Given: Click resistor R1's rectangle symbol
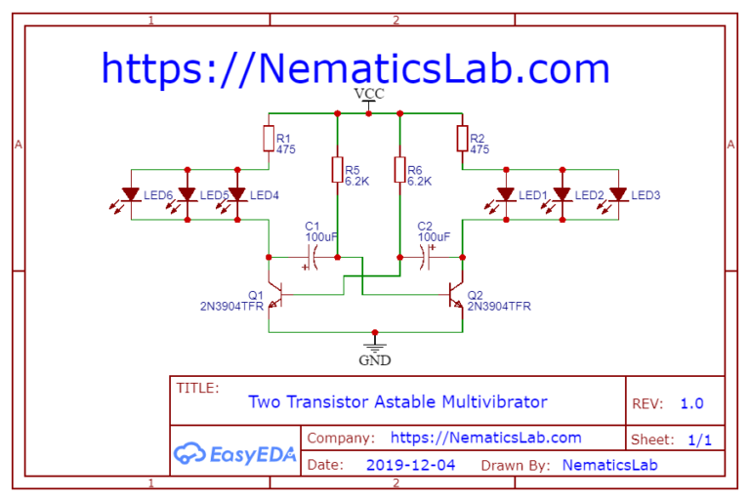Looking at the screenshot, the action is coord(269,139).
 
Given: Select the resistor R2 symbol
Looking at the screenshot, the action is coord(462,139).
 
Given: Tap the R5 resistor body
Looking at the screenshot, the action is coord(337,169).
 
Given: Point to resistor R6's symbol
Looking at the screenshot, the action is coord(399,169).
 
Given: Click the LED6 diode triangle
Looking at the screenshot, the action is coord(131,194).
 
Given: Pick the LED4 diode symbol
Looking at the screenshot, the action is coord(237,194).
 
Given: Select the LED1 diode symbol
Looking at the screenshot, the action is coord(506,194).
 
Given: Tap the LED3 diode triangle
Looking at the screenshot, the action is coord(618,194).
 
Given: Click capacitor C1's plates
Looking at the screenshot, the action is coord(312,258).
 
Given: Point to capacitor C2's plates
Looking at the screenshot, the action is coord(425,258).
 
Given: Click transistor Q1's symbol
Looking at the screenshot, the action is coord(275,294).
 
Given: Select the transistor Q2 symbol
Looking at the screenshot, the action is coord(456,294).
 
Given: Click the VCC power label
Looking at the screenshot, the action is coord(369,94).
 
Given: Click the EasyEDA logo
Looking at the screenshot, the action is coord(234,454).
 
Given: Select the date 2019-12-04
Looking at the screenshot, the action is coord(410,465).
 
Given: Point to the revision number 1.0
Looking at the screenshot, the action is coord(691,403).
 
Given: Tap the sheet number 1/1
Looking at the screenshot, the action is coord(699,439).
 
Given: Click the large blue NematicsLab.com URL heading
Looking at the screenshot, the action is coord(355,68).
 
